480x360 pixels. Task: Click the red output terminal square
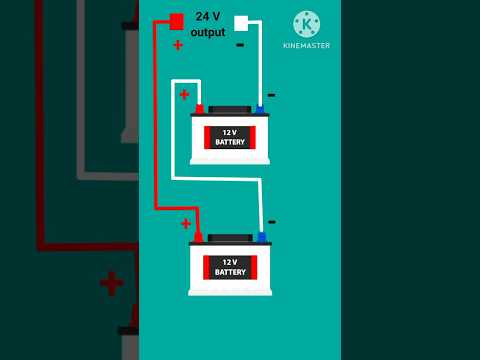click(176, 21)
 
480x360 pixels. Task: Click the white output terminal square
click(241, 22)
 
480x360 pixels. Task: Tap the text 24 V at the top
click(208, 16)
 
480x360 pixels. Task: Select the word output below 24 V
click(208, 32)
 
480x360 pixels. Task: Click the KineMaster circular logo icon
click(307, 24)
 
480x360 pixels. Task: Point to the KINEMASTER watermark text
click(307, 46)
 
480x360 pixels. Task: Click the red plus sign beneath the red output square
click(178, 44)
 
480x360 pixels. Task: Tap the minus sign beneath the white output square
click(240, 45)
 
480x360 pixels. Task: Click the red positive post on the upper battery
click(199, 108)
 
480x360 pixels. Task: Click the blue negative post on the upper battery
click(259, 108)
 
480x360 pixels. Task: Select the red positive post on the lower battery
click(198, 237)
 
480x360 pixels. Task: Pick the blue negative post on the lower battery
click(262, 237)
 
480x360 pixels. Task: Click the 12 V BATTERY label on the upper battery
click(230, 137)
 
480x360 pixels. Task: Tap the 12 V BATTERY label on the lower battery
click(230, 266)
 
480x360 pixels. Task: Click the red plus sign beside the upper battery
click(184, 95)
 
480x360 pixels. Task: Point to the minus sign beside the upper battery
click(271, 95)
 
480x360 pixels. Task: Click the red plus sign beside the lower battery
click(186, 223)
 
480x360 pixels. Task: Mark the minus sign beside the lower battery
click(271, 222)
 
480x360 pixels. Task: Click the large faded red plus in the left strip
click(111, 283)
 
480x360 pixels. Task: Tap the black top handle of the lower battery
click(230, 238)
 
